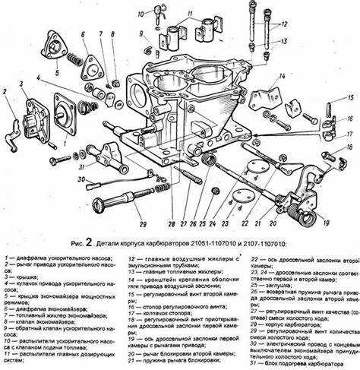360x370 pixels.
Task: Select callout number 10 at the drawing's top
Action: [141, 14]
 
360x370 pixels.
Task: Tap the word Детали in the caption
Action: [111, 245]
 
